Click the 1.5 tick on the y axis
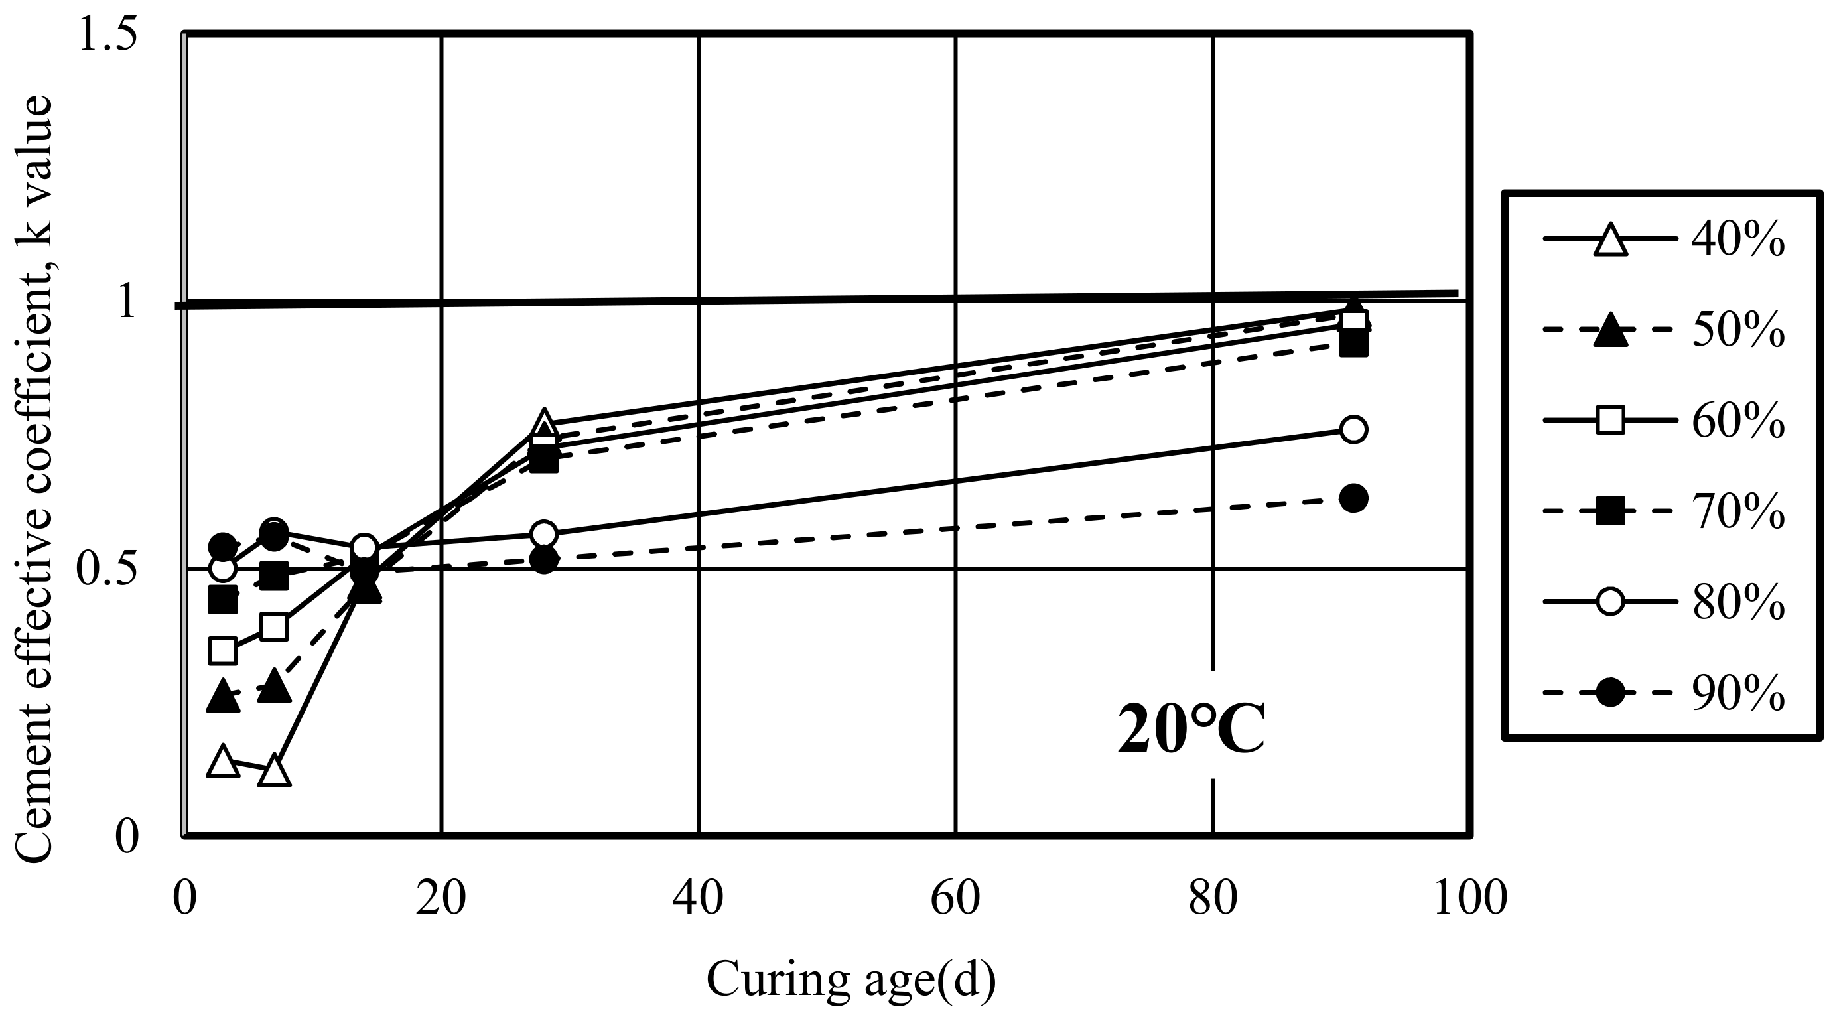click(107, 34)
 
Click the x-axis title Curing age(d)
click(850, 980)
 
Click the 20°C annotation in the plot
click(1191, 728)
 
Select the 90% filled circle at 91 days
click(1353, 498)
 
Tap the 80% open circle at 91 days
click(1353, 429)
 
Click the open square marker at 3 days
click(222, 650)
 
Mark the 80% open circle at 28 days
click(544, 533)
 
